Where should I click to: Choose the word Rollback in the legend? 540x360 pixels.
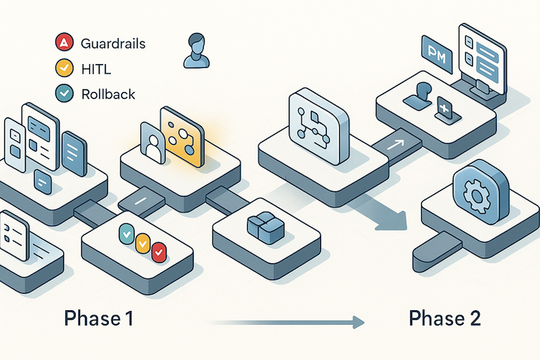[x=109, y=93]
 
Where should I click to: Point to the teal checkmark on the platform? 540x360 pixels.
[x=125, y=233]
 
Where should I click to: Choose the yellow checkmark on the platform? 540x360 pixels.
[x=143, y=242]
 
